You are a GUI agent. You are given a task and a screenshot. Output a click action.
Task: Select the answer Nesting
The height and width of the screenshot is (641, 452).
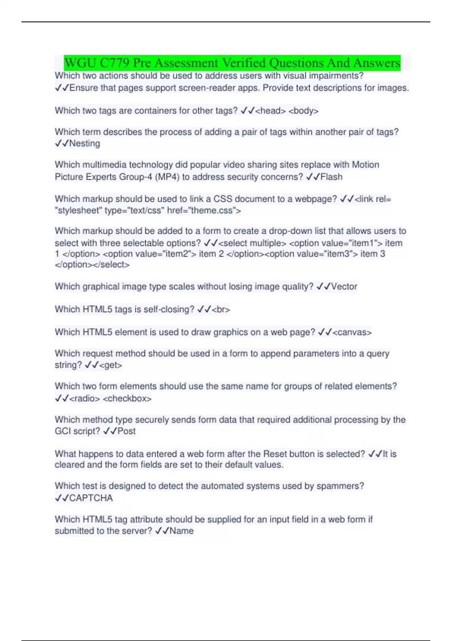pyautogui.click(x=85, y=143)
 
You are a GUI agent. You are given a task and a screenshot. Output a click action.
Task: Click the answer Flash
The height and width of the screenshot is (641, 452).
pyautogui.click(x=331, y=177)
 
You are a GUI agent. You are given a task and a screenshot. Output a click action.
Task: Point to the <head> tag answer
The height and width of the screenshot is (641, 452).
pyautogui.click(x=270, y=111)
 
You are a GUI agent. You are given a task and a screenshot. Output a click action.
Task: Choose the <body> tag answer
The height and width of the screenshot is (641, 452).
pyautogui.click(x=304, y=111)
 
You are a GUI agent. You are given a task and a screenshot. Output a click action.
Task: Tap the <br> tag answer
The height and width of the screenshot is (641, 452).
pyautogui.click(x=221, y=310)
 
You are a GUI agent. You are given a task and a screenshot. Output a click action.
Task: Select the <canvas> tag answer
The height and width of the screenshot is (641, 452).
pyautogui.click(x=352, y=332)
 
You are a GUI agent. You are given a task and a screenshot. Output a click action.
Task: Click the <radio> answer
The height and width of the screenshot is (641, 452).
pyautogui.click(x=85, y=399)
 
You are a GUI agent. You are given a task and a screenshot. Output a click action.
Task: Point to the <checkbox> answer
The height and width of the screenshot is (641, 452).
pyautogui.click(x=127, y=399)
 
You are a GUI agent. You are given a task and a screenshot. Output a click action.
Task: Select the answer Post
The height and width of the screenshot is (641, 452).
pyautogui.click(x=127, y=431)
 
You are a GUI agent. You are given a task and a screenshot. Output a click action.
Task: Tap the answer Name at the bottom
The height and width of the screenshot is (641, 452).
pyautogui.click(x=182, y=531)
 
